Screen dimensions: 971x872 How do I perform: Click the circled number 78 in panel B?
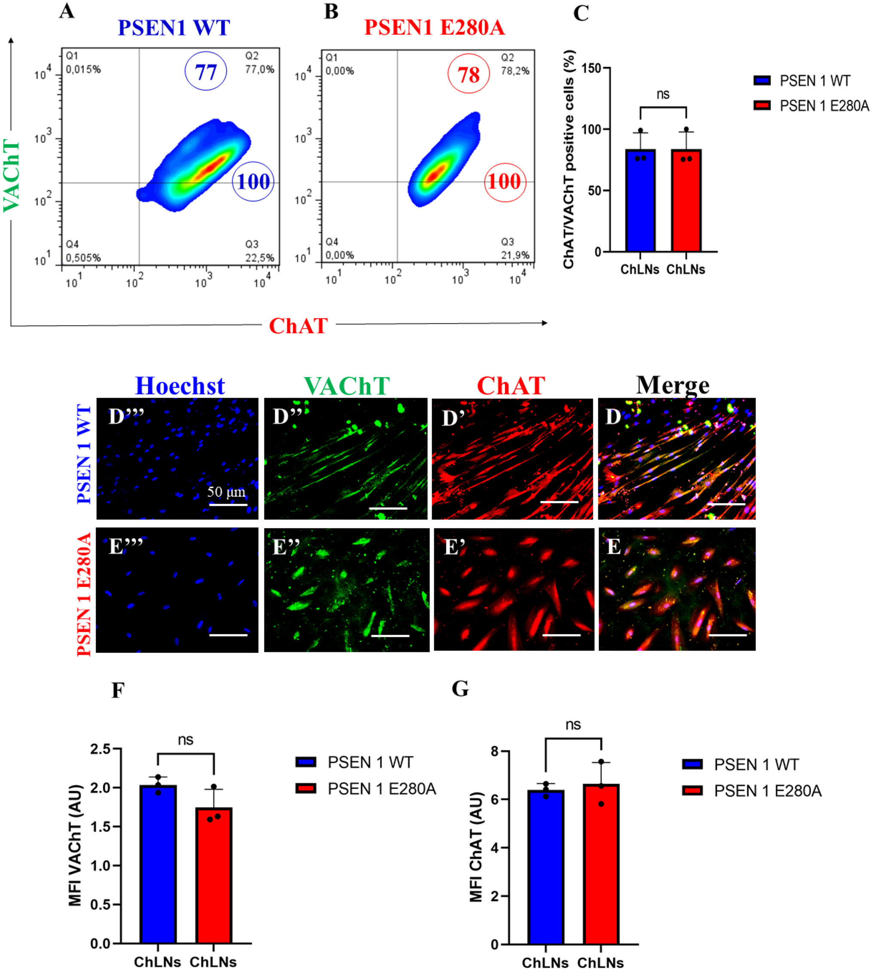tap(468, 74)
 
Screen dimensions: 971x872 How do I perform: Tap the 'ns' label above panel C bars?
tap(663, 94)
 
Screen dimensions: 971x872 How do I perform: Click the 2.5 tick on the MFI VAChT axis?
tap(100, 749)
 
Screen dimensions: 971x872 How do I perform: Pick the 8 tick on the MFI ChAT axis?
tap(494, 751)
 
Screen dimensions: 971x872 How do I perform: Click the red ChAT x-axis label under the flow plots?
tap(298, 326)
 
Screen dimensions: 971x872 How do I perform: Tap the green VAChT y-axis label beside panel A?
tap(12, 175)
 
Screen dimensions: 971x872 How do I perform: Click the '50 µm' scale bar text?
tap(226, 492)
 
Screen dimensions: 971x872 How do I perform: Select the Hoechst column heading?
tap(180, 386)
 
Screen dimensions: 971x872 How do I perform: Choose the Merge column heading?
tap(672, 385)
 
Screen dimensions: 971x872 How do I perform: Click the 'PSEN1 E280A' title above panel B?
tap(434, 27)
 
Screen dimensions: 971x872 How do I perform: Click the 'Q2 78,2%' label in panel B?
tap(515, 64)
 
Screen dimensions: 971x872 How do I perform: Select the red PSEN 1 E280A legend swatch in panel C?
tap(762, 105)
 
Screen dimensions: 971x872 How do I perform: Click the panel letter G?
tap(460, 689)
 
